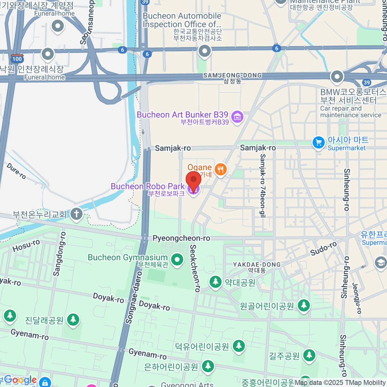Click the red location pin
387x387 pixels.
(193, 180)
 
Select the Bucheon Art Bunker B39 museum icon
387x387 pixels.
(237, 116)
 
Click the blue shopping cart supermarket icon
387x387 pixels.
(319, 142)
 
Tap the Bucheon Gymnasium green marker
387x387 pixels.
(177, 259)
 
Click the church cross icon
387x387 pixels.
(76, 213)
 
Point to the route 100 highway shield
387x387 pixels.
(17, 58)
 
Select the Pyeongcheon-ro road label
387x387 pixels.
(181, 238)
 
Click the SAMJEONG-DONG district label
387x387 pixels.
(232, 75)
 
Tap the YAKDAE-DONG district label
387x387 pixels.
(257, 264)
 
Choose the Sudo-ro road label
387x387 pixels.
(323, 249)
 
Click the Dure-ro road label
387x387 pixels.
(16, 171)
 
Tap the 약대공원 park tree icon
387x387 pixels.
(215, 282)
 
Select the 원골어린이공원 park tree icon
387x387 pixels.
(303, 305)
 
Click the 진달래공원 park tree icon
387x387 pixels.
(73, 320)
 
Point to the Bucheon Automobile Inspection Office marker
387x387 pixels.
(204, 51)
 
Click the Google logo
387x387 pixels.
(20, 380)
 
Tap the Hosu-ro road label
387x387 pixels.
(26, 246)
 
